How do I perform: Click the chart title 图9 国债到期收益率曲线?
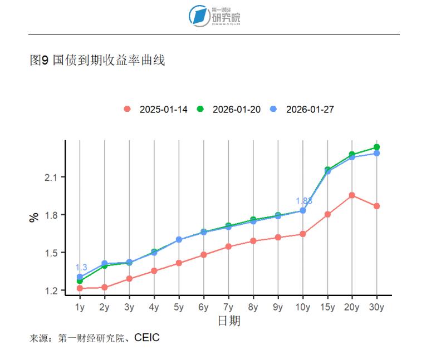[97, 61]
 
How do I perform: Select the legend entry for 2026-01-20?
[230, 110]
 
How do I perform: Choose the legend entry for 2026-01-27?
[303, 110]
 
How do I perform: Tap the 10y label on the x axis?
[303, 307]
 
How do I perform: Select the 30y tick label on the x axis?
[377, 307]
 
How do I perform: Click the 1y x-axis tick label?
[80, 307]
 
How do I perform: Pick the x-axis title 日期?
[228, 321]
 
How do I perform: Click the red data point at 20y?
[352, 195]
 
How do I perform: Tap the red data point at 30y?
[377, 206]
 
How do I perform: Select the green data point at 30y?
[377, 147]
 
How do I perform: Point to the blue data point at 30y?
[377, 153]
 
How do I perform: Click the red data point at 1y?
[80, 288]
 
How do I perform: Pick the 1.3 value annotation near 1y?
[81, 268]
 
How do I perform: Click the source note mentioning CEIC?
[95, 338]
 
